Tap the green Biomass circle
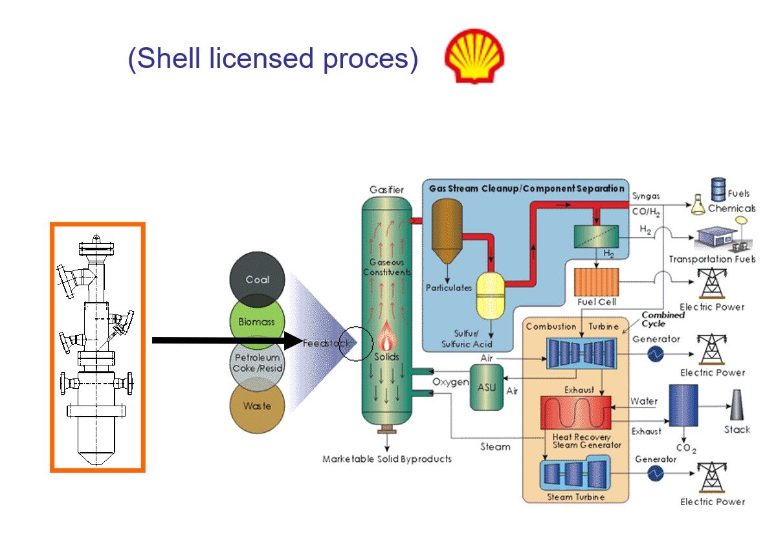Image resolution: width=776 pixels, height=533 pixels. pos(257,321)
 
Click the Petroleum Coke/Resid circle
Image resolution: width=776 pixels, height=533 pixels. pos(257,364)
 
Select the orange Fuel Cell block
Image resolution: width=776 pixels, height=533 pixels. pos(597,282)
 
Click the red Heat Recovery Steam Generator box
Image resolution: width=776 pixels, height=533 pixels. pos(575,413)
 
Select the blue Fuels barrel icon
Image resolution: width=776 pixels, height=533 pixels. pos(718,190)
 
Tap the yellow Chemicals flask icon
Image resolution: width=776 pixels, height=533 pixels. pos(698,206)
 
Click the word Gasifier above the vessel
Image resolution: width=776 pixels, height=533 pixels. pos(386,190)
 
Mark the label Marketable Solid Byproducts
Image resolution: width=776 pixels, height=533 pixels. pos(387,459)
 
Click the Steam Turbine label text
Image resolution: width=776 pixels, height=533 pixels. pos(575,497)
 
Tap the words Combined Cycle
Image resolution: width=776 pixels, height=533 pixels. pos(662,319)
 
